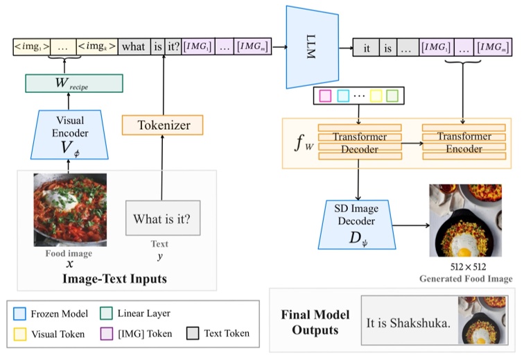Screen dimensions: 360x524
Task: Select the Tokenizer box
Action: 164,125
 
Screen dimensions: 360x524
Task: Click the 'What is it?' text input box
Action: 161,220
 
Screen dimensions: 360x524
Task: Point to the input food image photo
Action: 70,209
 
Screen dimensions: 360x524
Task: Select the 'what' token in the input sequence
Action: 134,47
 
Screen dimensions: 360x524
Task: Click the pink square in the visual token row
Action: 324,95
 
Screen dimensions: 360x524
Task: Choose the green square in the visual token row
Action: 392,95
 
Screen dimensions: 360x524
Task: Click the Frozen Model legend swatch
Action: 20,314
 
